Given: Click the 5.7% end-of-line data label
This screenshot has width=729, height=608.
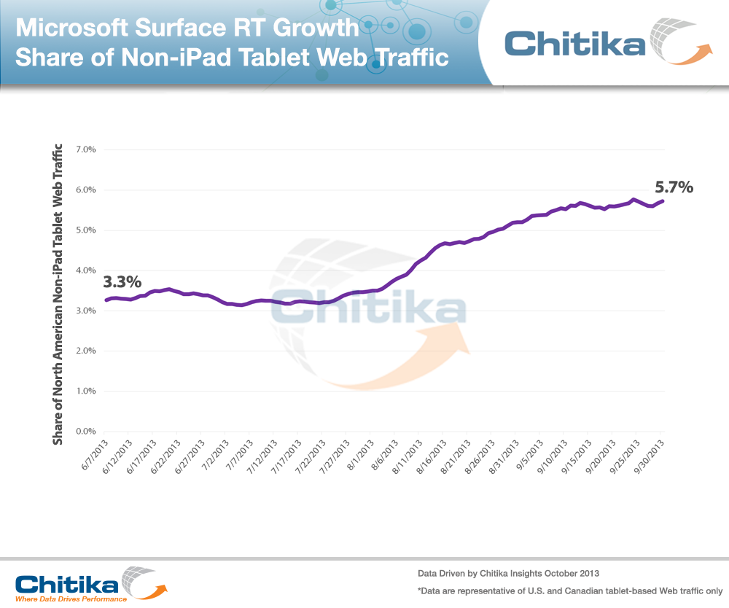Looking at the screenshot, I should [x=674, y=188].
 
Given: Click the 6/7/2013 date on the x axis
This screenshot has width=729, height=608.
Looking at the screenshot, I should [x=95, y=455].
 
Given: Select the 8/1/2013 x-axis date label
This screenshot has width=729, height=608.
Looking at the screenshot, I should [x=361, y=455].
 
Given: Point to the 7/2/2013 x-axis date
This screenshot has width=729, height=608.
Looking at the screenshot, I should [x=216, y=455].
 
